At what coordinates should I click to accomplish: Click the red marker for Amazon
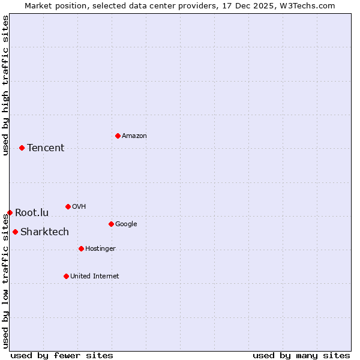[x=118, y=136]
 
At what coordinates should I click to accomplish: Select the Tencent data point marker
[x=22, y=148]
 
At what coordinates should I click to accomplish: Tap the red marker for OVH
[x=68, y=206]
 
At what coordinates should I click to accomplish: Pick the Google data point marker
[x=111, y=224]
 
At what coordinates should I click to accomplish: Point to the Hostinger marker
[x=81, y=248]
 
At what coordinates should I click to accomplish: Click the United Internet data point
[x=66, y=276]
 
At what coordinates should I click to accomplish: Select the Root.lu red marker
[x=10, y=212]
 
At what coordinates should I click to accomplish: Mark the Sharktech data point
[x=15, y=232]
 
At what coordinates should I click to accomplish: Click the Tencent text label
[x=46, y=148]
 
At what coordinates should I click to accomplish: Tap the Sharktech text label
[x=44, y=232]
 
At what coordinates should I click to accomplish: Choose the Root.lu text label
[x=32, y=212]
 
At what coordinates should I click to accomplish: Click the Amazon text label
[x=134, y=136]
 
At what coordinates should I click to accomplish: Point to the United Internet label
[x=94, y=277]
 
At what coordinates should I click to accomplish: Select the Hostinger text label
[x=100, y=249]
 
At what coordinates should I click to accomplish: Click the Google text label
[x=126, y=224]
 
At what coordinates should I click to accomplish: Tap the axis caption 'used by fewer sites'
[x=62, y=355]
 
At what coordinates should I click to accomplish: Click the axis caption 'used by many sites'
[x=301, y=355]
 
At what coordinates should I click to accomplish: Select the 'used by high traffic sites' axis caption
[x=5, y=85]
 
